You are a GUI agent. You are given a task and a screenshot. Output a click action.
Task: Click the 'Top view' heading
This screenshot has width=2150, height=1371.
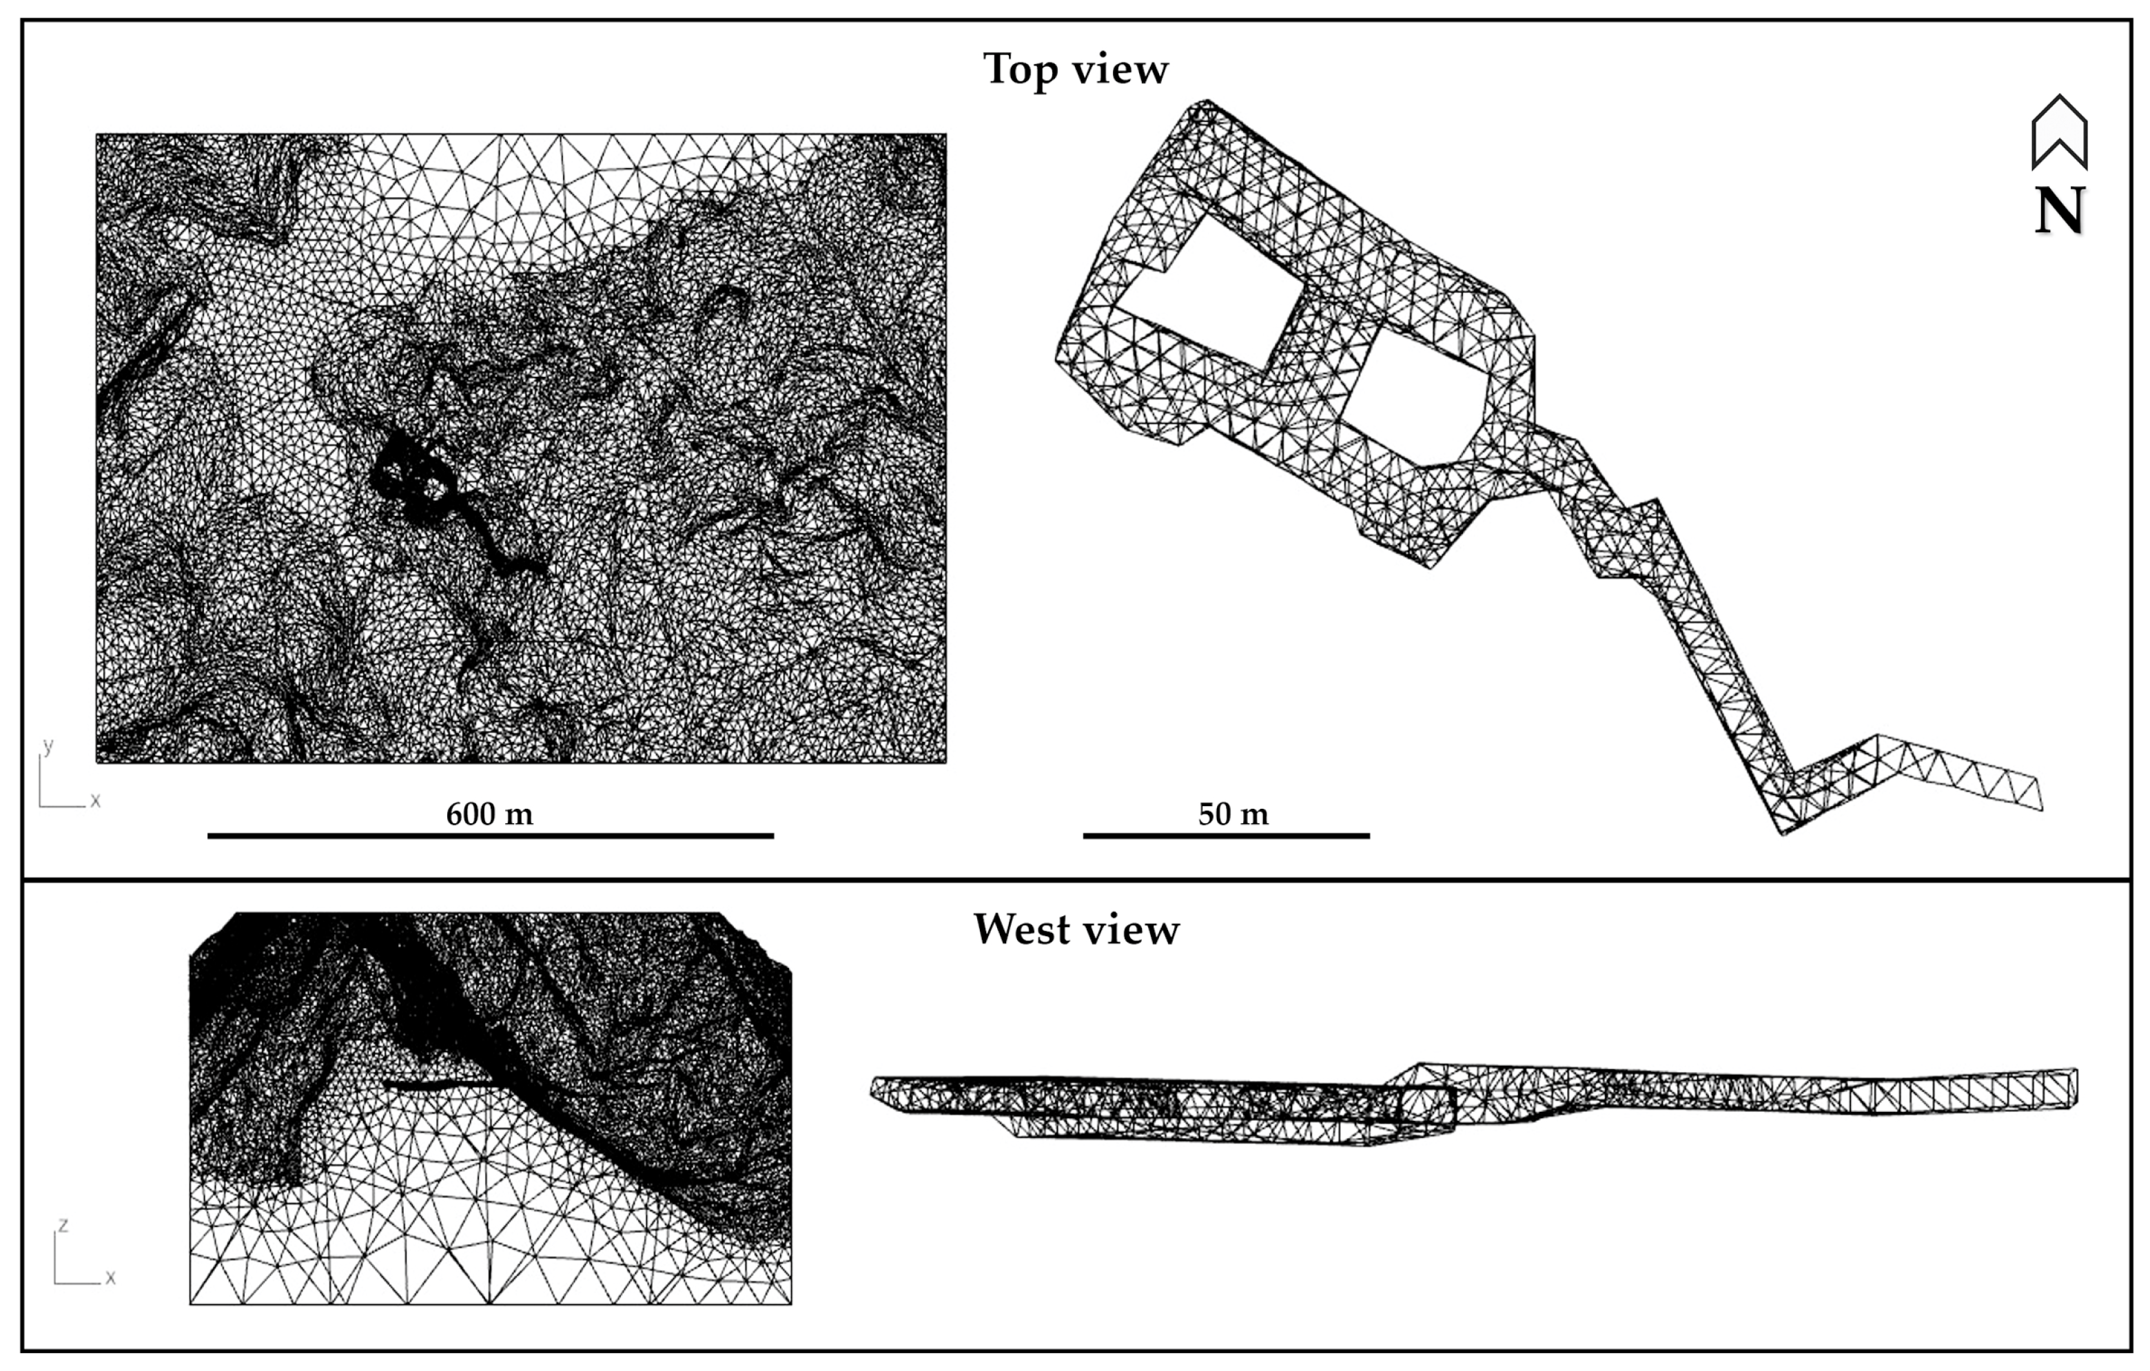(1075, 70)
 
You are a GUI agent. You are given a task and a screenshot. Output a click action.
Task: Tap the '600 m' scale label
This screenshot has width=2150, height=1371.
(489, 814)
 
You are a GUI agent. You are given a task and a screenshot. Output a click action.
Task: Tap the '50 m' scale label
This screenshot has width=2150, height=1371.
(1233, 814)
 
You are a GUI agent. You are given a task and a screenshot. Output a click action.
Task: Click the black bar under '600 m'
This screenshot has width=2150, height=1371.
(490, 836)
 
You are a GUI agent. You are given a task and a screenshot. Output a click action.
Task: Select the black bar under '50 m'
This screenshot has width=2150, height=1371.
(1226, 836)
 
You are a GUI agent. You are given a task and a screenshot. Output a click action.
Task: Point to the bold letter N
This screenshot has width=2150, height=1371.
(2059, 211)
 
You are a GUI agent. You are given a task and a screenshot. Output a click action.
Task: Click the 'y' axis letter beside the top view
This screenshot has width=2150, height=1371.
(48, 746)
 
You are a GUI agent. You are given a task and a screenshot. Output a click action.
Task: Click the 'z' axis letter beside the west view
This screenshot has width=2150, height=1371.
(63, 1225)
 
